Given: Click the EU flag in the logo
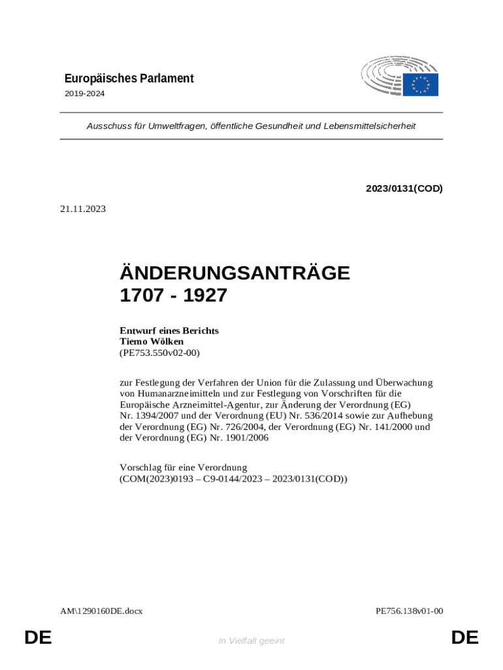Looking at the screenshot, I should click(420, 84).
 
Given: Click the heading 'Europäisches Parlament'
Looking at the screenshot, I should click(129, 79).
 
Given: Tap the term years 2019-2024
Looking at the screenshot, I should click(84, 94).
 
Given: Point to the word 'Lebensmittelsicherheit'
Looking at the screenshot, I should click(369, 126).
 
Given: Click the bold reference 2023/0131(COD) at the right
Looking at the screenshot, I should click(404, 188).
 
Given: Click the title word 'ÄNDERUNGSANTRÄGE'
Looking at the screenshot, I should click(235, 273).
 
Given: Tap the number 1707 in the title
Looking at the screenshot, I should click(140, 296).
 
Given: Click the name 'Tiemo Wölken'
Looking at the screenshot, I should click(152, 342).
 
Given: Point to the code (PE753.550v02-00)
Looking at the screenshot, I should click(159, 353).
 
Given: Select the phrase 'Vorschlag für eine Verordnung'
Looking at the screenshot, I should click(183, 468).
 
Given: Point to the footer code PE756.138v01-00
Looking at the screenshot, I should click(410, 611).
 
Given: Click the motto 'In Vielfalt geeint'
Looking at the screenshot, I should click(252, 641).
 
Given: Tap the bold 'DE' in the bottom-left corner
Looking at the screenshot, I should click(38, 637).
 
